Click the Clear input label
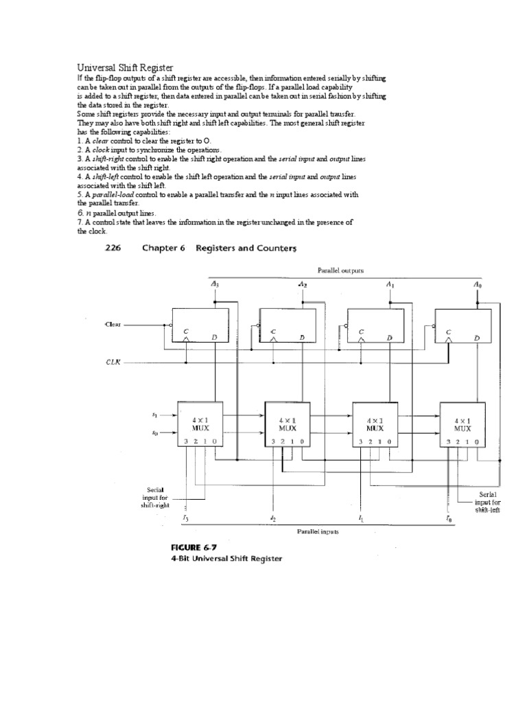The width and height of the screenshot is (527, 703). click(113, 323)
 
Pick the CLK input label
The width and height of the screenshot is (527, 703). click(112, 362)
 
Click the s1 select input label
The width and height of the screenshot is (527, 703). click(154, 415)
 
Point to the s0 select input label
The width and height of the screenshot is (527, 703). click(154, 433)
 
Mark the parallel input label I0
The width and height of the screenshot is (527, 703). click(449, 518)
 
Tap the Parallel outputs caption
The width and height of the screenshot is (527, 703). click(340, 270)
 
